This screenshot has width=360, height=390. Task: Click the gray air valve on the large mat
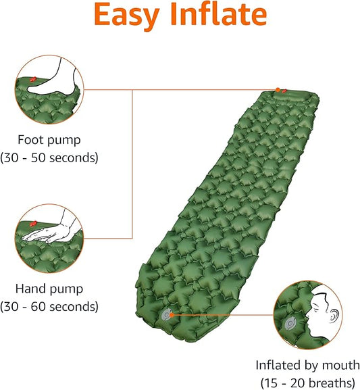click(x=166, y=314)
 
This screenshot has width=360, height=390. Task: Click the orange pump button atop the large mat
click(x=278, y=89)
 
